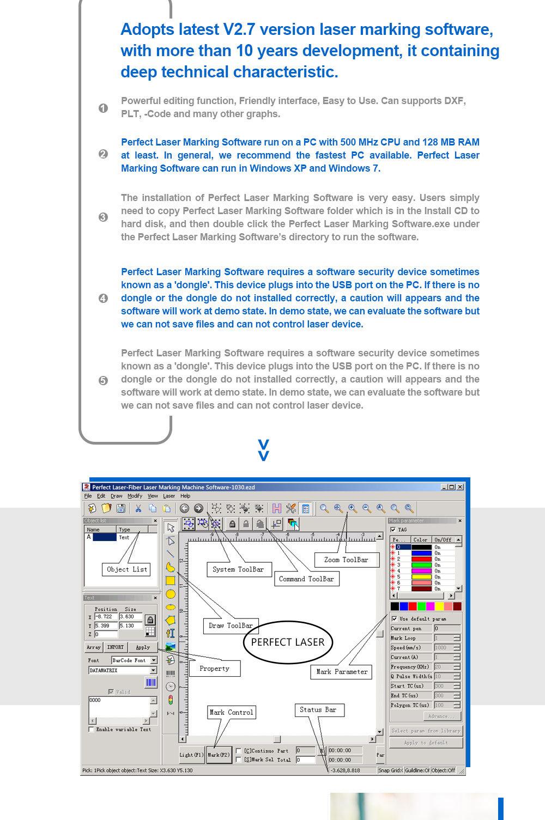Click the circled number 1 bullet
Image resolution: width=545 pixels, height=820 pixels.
[103, 108]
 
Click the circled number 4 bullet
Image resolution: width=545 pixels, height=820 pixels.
[103, 298]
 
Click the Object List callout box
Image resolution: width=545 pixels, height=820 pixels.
[127, 569]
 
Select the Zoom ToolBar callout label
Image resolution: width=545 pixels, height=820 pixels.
[346, 560]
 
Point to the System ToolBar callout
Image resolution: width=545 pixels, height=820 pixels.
[238, 569]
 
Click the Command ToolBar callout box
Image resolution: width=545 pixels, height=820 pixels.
[306, 579]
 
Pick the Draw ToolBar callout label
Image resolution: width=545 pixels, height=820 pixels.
[231, 625]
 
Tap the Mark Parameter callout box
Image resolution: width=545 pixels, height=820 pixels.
[342, 672]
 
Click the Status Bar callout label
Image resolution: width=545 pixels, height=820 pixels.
[318, 710]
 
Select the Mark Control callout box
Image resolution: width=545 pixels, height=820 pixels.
[232, 712]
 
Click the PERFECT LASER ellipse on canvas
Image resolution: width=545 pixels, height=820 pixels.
[287, 642]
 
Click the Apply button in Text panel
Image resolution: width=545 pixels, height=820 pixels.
[143, 647]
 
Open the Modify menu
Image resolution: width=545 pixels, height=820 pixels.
[135, 496]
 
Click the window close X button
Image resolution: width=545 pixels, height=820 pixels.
[460, 487]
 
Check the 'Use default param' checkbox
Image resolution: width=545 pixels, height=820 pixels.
[394, 619]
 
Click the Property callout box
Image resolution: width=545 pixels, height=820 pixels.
[214, 669]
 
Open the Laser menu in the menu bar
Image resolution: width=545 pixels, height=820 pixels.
[169, 496]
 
